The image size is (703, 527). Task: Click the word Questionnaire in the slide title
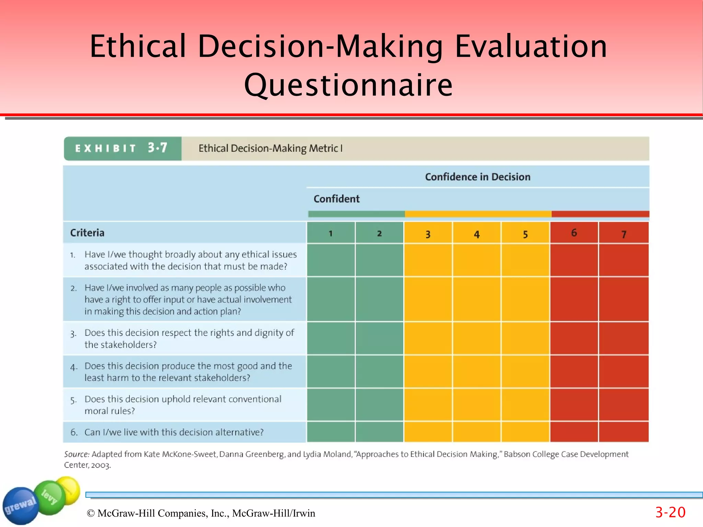[348, 85]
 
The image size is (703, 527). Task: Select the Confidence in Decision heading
[477, 177]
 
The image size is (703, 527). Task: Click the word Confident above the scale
[336, 199]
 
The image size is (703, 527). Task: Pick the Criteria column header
[87, 233]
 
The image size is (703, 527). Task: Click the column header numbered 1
[331, 233]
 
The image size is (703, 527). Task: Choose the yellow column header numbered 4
[476, 234]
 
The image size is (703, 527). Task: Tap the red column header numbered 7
[623, 234]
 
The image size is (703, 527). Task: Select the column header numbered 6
[574, 233]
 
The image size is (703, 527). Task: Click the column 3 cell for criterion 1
[428, 260]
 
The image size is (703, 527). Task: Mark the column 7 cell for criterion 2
[623, 299]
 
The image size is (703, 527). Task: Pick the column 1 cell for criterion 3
[331, 339]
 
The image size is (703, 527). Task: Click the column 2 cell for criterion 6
[379, 432]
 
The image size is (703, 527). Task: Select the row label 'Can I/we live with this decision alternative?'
[174, 432]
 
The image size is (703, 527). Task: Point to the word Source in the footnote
[77, 454]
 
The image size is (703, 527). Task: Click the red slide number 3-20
[670, 512]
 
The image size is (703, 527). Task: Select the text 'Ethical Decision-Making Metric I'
[270, 148]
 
